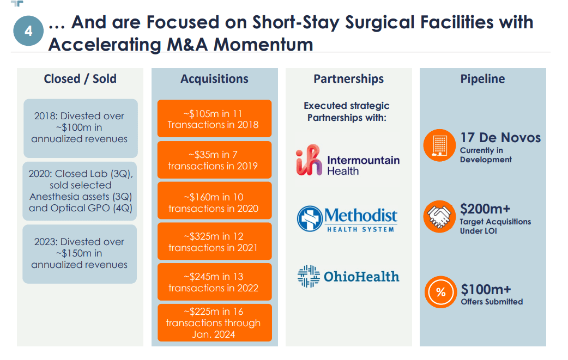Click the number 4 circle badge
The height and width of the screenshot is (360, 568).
tap(28, 32)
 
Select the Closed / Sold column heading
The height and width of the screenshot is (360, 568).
tap(80, 79)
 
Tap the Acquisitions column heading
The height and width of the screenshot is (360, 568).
tap(214, 79)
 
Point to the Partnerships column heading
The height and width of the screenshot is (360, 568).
tap(348, 79)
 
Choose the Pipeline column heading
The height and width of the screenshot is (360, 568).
tap(482, 79)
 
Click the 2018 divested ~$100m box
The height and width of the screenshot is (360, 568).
tap(80, 128)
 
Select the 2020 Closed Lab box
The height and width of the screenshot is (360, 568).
tap(80, 191)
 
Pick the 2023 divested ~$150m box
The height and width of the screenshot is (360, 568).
tap(80, 254)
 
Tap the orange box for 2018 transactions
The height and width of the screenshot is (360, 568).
tap(214, 119)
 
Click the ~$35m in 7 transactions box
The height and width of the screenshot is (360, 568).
tap(214, 160)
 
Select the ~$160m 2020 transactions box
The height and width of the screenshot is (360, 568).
tap(214, 202)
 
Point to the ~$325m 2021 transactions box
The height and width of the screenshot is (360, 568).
tap(214, 242)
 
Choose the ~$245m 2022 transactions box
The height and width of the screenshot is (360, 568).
tap(214, 282)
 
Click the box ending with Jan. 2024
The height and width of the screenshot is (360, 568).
tap(214, 323)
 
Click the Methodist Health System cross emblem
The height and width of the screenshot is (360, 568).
tap(310, 219)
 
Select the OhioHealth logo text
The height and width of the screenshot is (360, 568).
tap(361, 277)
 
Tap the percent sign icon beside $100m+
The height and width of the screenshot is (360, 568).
tap(440, 292)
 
